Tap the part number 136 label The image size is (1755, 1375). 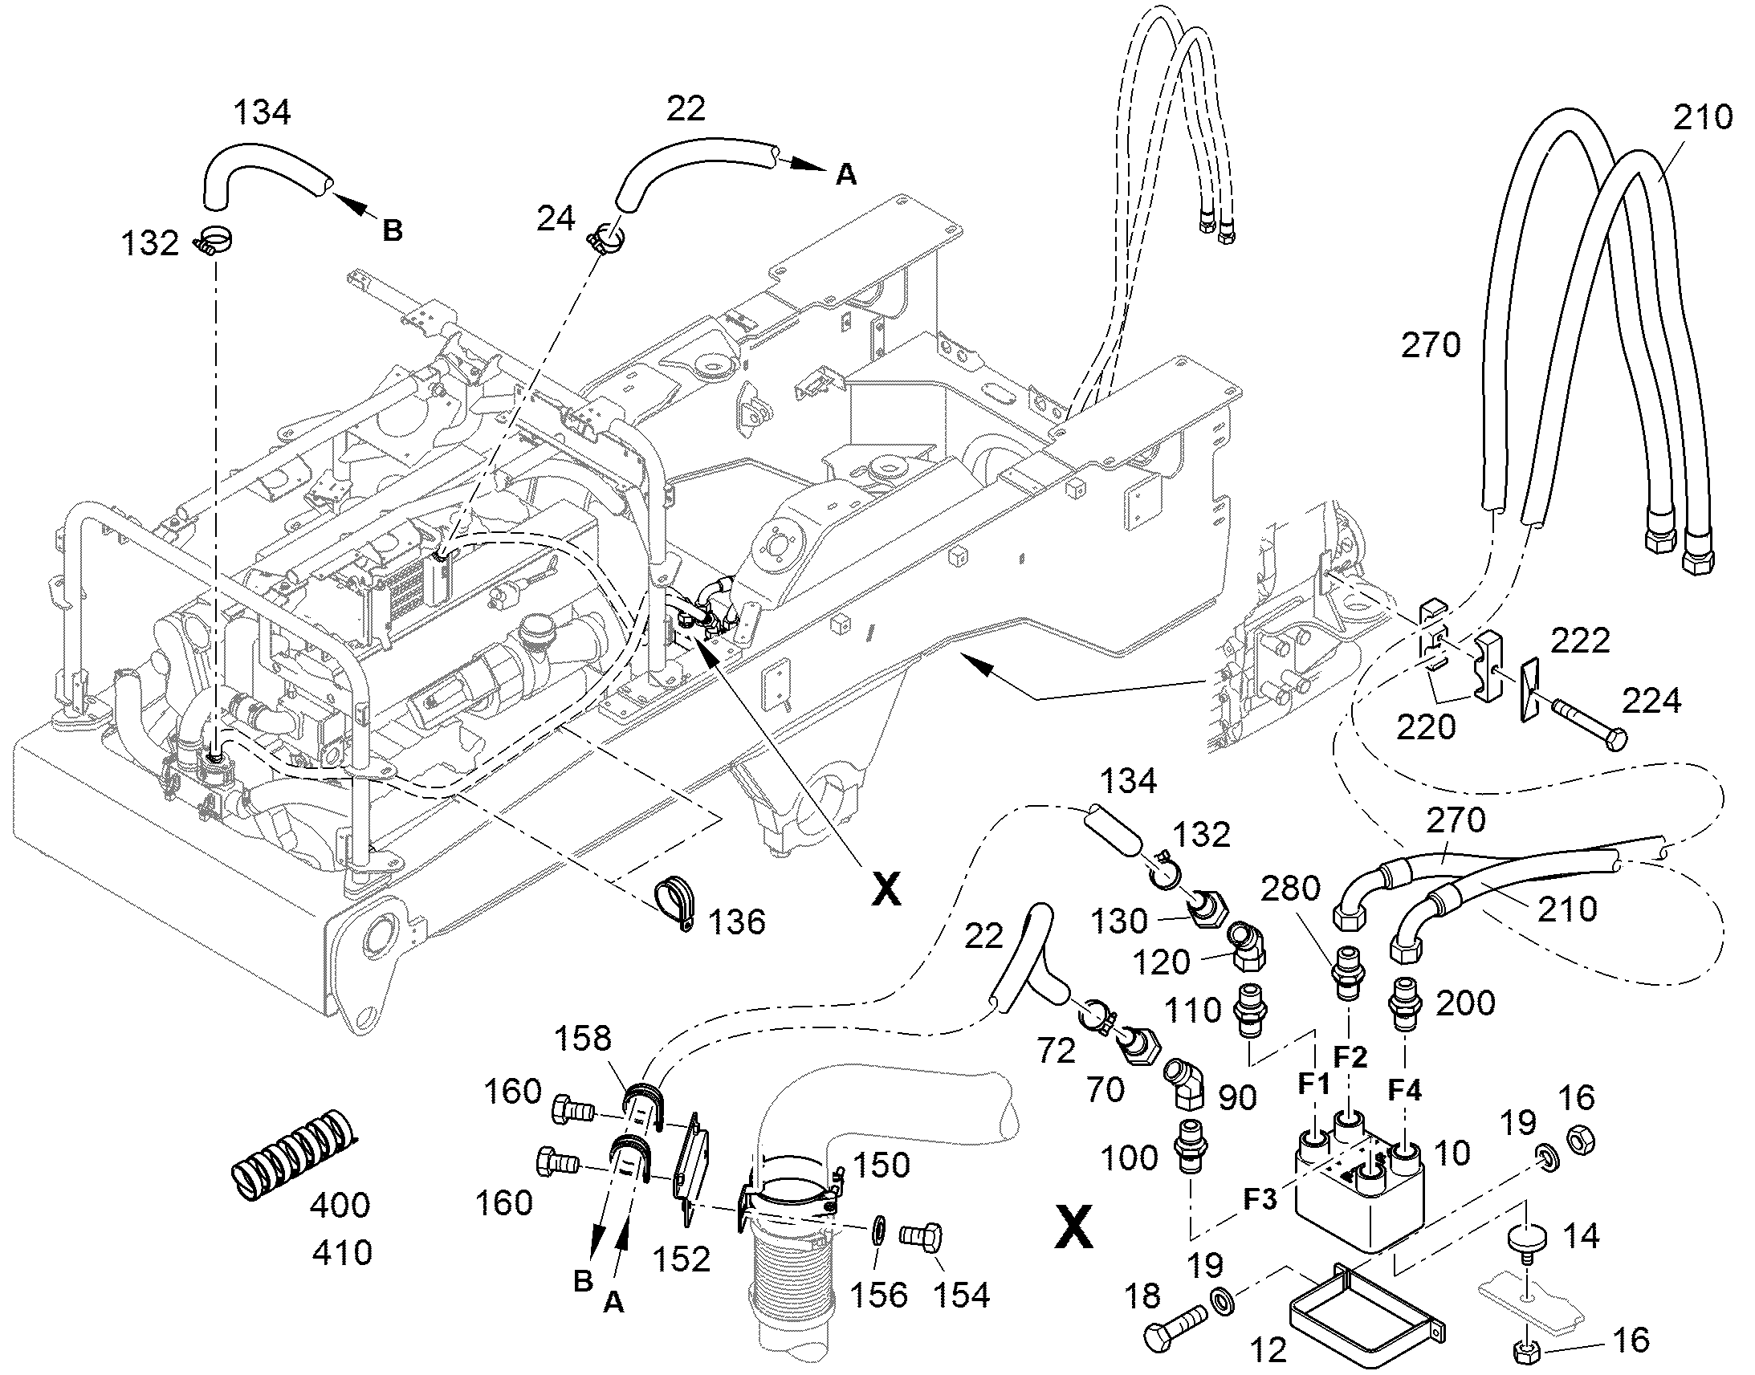coord(737,921)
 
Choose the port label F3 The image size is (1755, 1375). coord(1260,1199)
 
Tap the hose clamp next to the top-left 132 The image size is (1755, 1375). coord(215,241)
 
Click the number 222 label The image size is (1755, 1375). coord(1579,641)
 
